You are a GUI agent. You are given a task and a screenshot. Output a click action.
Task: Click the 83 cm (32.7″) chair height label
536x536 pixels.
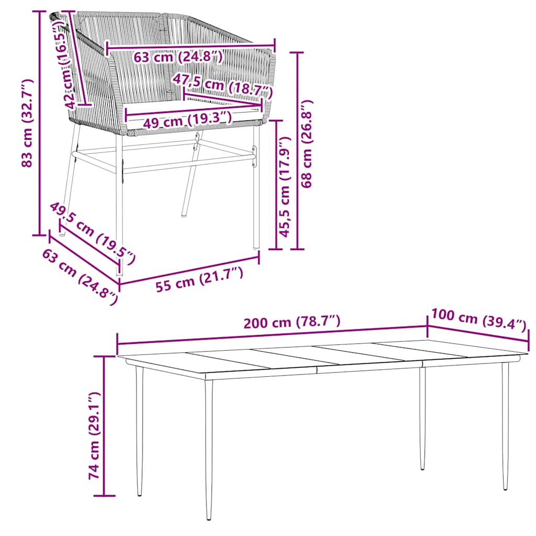point(27,123)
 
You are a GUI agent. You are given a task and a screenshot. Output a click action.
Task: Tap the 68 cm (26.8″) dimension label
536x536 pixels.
point(307,143)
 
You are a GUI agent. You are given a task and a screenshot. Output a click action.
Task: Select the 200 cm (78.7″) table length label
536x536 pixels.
point(292,322)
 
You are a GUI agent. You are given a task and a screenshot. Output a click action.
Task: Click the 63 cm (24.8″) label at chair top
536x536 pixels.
point(178,56)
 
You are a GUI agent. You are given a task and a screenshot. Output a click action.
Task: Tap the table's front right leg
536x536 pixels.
point(505,424)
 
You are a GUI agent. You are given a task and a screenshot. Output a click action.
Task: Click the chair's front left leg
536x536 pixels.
point(119,209)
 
